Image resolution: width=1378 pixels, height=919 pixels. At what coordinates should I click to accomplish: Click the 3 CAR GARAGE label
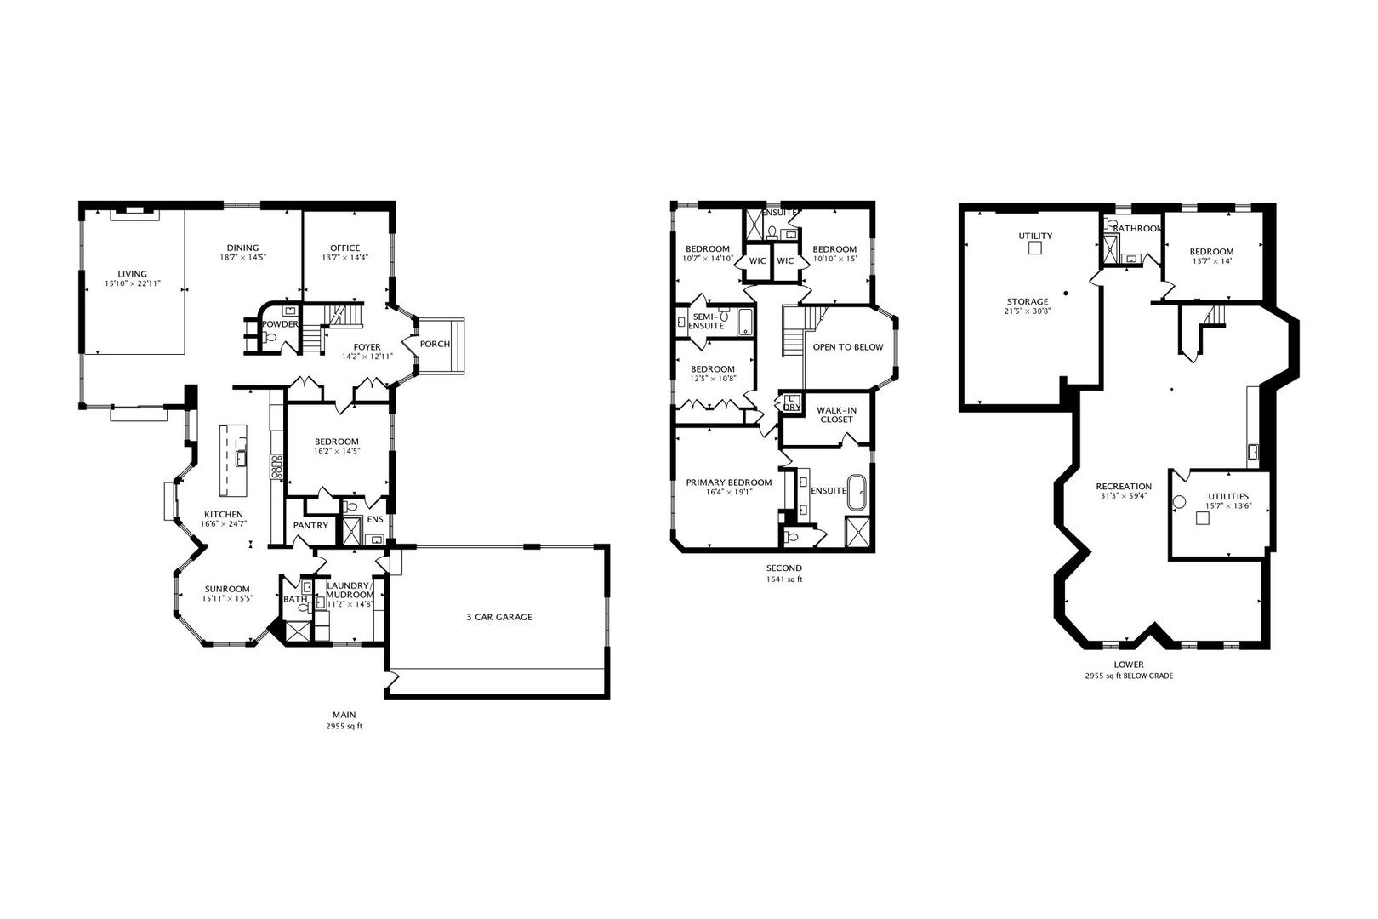coord(498,617)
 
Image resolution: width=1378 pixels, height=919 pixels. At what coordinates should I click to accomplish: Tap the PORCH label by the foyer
coord(435,345)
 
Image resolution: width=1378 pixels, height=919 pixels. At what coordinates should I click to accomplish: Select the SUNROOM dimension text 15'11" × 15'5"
coord(226,599)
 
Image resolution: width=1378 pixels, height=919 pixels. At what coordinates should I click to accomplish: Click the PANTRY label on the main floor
coord(310,526)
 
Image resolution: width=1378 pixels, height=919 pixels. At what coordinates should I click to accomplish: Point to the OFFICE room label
coord(344,248)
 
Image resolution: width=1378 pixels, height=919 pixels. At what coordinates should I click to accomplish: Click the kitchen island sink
coord(242,459)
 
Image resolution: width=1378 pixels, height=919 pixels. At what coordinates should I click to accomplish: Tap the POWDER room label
coord(280,324)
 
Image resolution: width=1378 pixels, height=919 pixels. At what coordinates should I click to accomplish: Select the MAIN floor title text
coord(344,715)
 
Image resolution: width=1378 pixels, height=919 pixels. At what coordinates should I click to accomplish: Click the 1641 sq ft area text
coord(783,579)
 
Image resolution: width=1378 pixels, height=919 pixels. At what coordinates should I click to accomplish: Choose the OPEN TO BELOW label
coord(847,347)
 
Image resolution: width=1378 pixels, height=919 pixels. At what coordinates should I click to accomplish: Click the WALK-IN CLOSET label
coord(836,414)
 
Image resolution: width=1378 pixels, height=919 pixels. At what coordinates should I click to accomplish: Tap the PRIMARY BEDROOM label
coord(729,482)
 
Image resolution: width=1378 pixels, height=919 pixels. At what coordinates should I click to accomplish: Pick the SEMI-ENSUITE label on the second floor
coord(706,321)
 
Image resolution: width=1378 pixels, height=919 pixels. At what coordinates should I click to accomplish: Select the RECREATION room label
coord(1123,487)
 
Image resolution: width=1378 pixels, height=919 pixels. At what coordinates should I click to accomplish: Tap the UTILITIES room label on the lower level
coord(1227,496)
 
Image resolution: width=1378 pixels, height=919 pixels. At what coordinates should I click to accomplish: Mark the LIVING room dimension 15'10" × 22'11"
coord(132,283)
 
